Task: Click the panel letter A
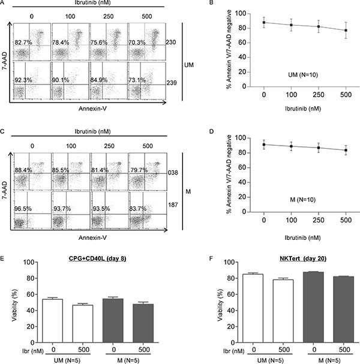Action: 4,5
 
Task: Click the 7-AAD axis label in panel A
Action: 7,61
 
